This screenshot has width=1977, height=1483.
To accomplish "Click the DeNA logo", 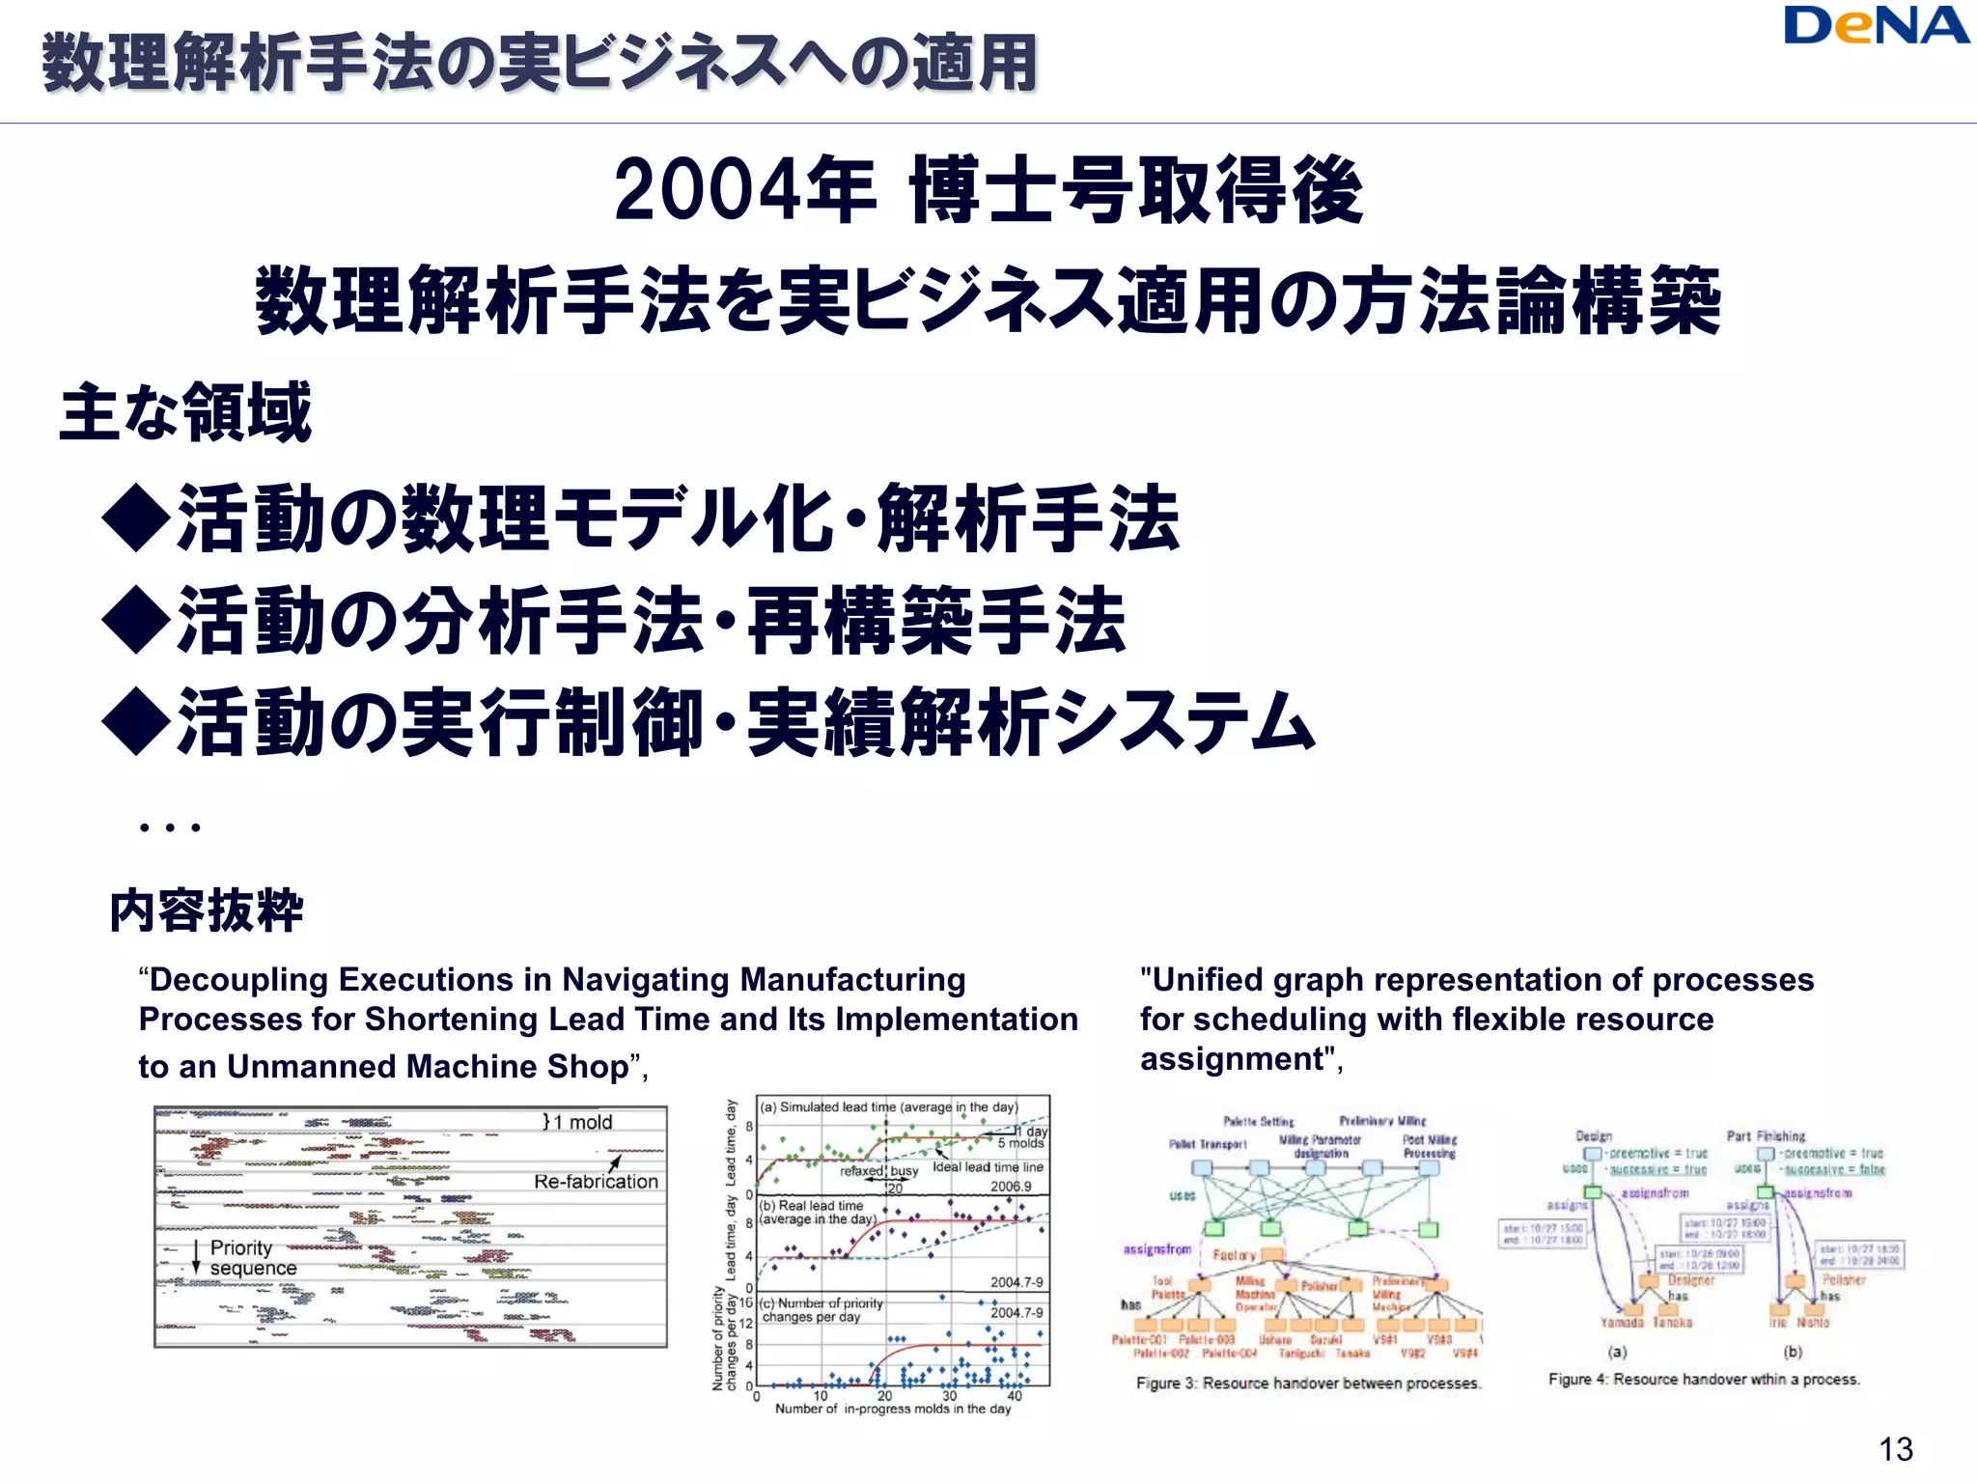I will pyautogui.click(x=1876, y=27).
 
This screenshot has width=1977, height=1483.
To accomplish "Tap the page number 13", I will pyautogui.click(x=1896, y=1449).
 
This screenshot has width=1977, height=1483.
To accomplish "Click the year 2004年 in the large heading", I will pyautogui.click(x=744, y=190).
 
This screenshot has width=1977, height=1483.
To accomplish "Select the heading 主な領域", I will pyautogui.click(x=185, y=412).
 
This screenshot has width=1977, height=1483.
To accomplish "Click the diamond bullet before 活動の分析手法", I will pyautogui.click(x=136, y=621).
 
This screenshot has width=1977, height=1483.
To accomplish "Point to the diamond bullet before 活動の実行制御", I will pyautogui.click(x=136, y=723).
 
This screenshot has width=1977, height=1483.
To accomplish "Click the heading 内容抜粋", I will pyautogui.click(x=206, y=910).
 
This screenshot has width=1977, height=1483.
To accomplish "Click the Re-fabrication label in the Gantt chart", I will pyautogui.click(x=596, y=1182).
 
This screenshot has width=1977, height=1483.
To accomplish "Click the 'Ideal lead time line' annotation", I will pyautogui.click(x=988, y=1167).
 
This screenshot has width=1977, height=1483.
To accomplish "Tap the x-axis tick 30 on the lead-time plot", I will pyautogui.click(x=949, y=1396).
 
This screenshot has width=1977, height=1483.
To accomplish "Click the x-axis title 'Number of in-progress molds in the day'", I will pyautogui.click(x=893, y=1410).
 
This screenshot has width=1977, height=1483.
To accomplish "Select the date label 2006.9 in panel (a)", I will pyautogui.click(x=1011, y=1187).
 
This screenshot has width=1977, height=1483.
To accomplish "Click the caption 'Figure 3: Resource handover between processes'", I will pyautogui.click(x=1308, y=1384).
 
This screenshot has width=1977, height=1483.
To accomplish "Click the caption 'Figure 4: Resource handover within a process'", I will pyautogui.click(x=1704, y=1380).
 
